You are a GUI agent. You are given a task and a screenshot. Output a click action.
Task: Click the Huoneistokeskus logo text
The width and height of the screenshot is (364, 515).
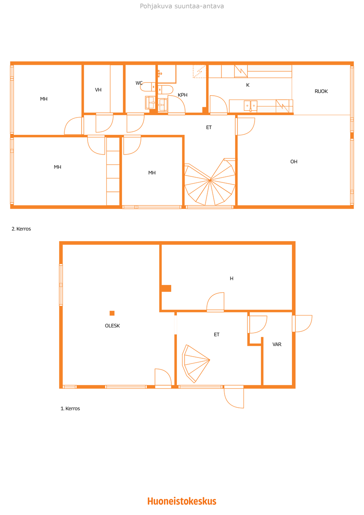pyautogui.click(x=182, y=501)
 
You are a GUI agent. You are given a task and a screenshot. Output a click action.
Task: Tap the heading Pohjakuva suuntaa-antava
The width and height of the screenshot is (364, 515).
pyautogui.click(x=182, y=6)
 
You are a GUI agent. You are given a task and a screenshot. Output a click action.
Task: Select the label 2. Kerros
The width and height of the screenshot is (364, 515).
pyautogui.click(x=21, y=229)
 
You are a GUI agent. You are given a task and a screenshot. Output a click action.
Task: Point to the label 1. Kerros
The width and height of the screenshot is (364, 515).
pyautogui.click(x=70, y=408)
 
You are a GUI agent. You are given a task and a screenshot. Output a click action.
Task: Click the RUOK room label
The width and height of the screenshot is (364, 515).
pyautogui.click(x=321, y=91)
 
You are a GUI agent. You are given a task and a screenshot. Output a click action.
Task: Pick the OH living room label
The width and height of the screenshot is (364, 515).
pyautogui.click(x=294, y=162)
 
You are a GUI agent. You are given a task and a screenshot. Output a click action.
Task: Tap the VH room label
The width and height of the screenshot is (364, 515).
pyautogui.click(x=98, y=90)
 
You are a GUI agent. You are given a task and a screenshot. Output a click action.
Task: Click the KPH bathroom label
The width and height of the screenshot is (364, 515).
pyautogui.click(x=182, y=95)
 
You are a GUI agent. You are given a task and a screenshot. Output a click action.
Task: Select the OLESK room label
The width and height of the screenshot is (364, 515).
pyautogui.click(x=112, y=326)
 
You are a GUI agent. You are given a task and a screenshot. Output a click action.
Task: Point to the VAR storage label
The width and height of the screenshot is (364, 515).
pyautogui.click(x=277, y=344)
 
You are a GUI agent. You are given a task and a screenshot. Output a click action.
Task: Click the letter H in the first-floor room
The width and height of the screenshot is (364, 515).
pyautogui.click(x=231, y=279)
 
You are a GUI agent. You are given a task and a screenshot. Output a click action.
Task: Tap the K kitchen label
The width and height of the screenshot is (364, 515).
pyautogui.click(x=248, y=85)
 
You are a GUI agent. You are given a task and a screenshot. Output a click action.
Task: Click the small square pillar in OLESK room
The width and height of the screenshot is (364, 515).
pyautogui.click(x=112, y=313)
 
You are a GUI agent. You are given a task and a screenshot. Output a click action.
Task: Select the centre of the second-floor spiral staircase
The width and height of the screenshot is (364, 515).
pyautogui.click(x=210, y=180)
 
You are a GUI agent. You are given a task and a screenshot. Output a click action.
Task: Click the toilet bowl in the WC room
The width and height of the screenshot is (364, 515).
pyautogui.click(x=148, y=87)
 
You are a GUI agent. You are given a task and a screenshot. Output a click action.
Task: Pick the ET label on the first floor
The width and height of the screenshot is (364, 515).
pyautogui.click(x=217, y=334)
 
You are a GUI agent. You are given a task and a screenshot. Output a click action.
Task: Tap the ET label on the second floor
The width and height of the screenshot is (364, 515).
pyautogui.click(x=209, y=127)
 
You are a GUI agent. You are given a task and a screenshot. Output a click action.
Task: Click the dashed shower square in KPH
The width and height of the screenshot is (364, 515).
pyautogui.click(x=199, y=71)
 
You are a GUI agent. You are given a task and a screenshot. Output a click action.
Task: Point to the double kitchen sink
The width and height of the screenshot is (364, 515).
pyautogui.click(x=250, y=106)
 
